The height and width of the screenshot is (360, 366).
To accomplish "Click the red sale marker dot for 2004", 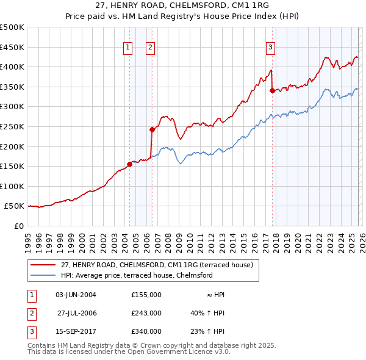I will pyautogui.click(x=129, y=164).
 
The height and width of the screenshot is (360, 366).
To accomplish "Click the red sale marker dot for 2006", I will pyautogui.click(x=152, y=129).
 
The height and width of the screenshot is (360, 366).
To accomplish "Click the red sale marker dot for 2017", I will pyautogui.click(x=272, y=91).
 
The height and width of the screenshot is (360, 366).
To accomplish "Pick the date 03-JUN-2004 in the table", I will pyautogui.click(x=76, y=295).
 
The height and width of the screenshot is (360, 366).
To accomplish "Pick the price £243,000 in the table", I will pyautogui.click(x=146, y=313).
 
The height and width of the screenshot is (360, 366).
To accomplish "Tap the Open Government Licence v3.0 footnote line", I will pyautogui.click(x=129, y=352).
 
